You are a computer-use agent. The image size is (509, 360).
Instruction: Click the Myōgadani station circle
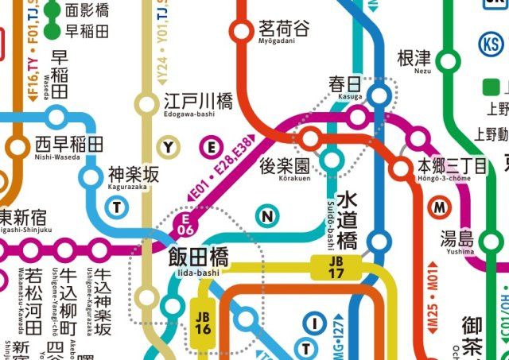point(241,32)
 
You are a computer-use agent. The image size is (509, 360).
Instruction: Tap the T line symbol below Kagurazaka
point(118,208)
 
